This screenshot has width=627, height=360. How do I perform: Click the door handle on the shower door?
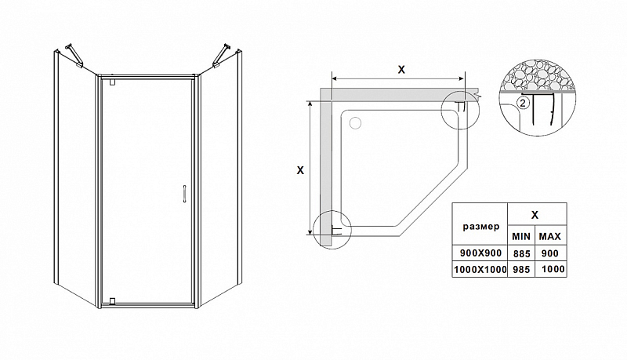184,194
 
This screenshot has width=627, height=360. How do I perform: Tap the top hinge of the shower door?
112,82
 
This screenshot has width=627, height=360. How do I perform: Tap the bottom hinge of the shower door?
112,301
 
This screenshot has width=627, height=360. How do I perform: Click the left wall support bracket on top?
74,55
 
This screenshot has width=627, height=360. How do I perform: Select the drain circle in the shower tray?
355,123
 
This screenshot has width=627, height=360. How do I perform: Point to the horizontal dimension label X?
401,70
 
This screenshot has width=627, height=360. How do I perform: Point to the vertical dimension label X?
300,170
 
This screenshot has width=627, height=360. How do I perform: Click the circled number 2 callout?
524,103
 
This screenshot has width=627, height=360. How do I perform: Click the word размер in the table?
481,227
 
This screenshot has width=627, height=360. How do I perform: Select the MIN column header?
521,237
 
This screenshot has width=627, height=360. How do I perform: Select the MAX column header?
550,237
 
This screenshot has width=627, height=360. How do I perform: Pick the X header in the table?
535,215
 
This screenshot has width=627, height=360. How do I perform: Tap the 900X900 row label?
480,253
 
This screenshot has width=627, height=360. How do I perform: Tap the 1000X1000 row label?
480,270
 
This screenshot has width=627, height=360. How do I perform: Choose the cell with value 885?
522,253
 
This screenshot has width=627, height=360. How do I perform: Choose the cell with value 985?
522,270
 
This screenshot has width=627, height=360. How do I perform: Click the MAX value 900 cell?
550,253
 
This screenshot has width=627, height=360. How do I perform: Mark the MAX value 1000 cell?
553,269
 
